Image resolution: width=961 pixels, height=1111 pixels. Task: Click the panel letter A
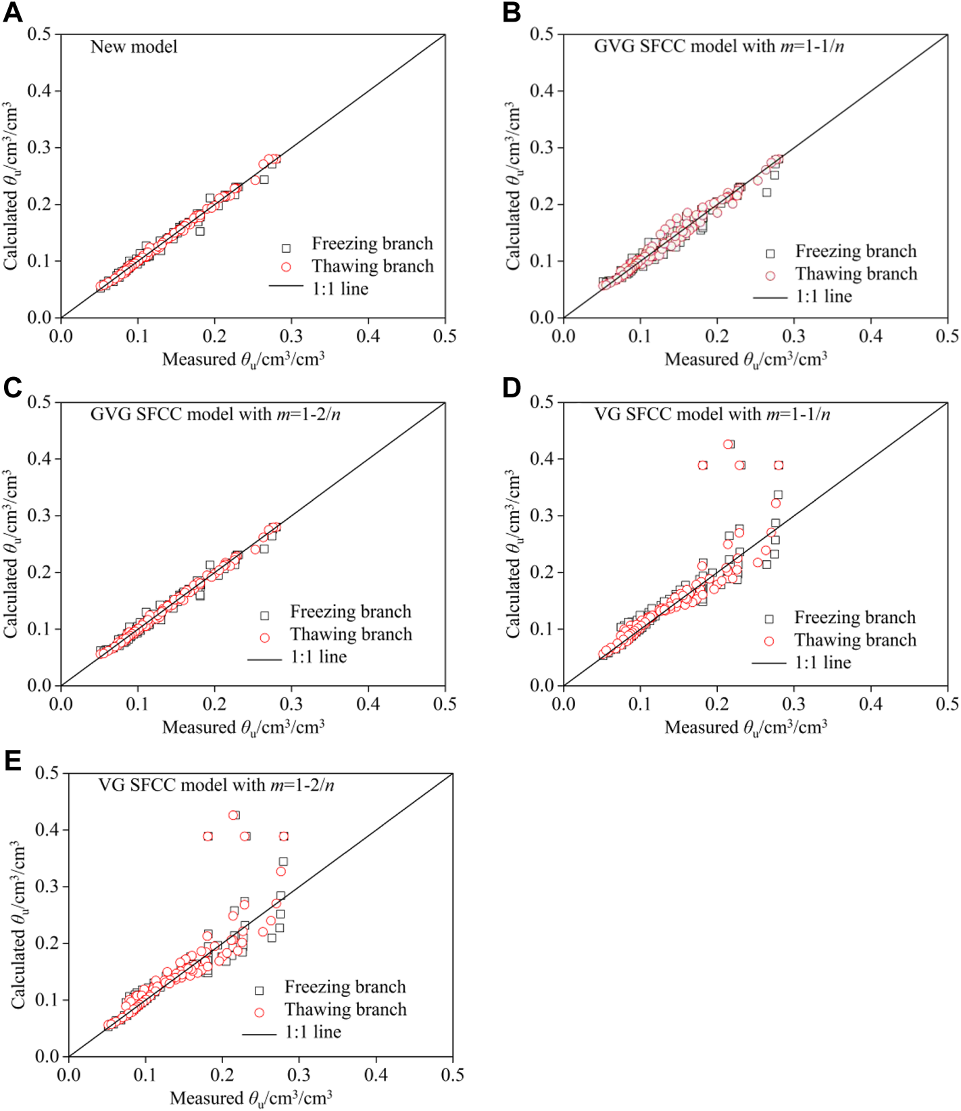pos(12,13)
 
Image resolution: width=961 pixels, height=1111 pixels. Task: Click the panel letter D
pos(512,387)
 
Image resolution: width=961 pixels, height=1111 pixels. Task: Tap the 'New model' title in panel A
pos(134,47)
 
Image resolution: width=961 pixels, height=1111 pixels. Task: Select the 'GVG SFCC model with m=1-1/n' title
pos(718,46)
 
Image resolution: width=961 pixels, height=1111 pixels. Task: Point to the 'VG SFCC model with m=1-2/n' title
pos(216,785)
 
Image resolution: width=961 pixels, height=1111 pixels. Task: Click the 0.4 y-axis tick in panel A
pos(39,91)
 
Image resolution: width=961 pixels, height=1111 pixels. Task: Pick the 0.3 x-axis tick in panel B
pos(794,336)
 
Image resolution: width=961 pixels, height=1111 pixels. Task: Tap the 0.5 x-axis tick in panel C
pos(445,704)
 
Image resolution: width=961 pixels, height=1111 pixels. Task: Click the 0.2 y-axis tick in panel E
pos(47,943)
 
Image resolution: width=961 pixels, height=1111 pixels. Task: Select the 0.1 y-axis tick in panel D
pos(542,628)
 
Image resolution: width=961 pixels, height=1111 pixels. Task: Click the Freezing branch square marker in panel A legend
pos(286,248)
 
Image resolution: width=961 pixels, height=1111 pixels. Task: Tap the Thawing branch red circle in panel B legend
pos(770,275)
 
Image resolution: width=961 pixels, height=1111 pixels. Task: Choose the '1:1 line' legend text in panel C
pos(318,657)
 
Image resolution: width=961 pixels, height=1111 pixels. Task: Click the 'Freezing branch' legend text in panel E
pos(345,987)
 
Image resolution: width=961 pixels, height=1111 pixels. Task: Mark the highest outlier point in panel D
pos(729,444)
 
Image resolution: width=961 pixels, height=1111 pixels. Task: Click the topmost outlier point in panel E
pos(234,815)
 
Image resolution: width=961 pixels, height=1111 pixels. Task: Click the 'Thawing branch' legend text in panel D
pos(855,640)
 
